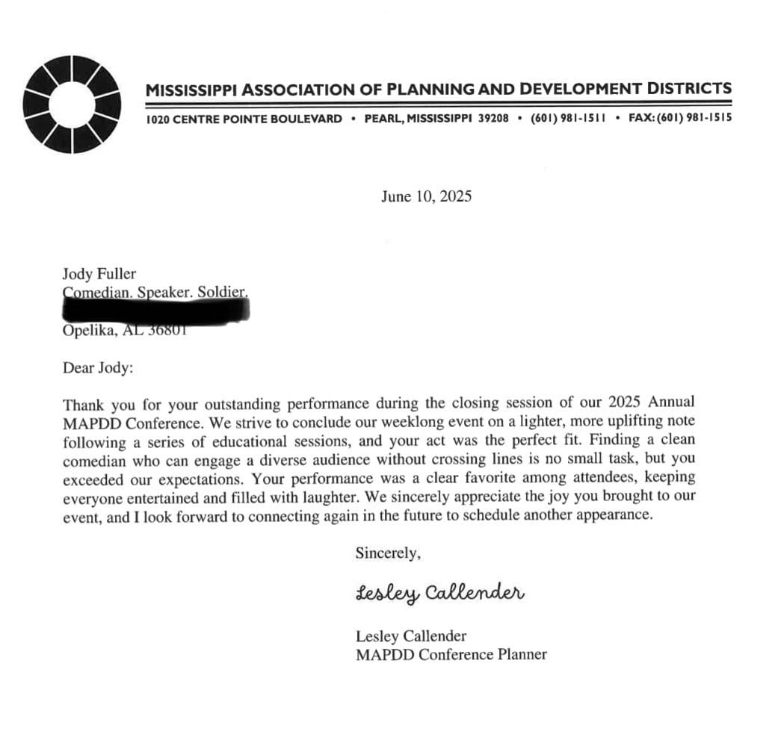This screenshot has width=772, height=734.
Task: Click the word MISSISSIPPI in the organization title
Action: coord(192,90)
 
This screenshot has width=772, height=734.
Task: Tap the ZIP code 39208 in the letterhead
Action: coord(493,119)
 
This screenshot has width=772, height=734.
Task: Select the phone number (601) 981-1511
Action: coord(567,119)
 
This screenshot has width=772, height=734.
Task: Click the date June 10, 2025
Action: coord(426,197)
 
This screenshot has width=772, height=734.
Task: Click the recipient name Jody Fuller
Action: coord(99,274)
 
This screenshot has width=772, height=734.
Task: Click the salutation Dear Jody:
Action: coord(99,368)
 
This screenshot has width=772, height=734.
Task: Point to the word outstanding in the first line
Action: coord(221,404)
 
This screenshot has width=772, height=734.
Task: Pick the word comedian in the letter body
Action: coord(96,458)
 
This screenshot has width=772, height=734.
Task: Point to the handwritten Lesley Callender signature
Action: coord(440,594)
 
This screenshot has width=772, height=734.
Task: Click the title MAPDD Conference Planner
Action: coord(451,655)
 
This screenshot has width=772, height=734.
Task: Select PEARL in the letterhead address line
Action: coord(381,119)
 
